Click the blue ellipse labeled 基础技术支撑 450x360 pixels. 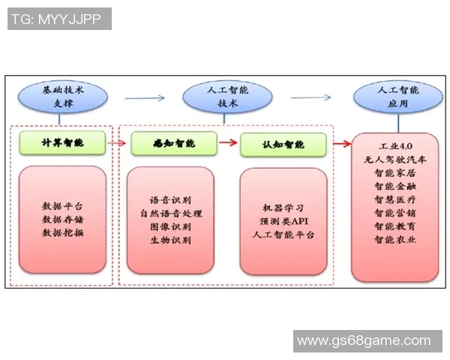64,98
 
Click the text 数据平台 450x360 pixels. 63,206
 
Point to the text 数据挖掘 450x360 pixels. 63,233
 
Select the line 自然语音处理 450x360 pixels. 171,214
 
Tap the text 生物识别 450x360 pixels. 171,241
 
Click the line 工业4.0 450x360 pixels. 396,145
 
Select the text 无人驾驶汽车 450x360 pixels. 396,159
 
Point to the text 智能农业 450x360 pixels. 396,239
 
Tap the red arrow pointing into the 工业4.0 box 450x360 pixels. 341,143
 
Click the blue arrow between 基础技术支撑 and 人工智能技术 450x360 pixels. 145,97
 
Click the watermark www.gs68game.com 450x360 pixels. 364,341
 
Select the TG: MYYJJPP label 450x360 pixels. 58,19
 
